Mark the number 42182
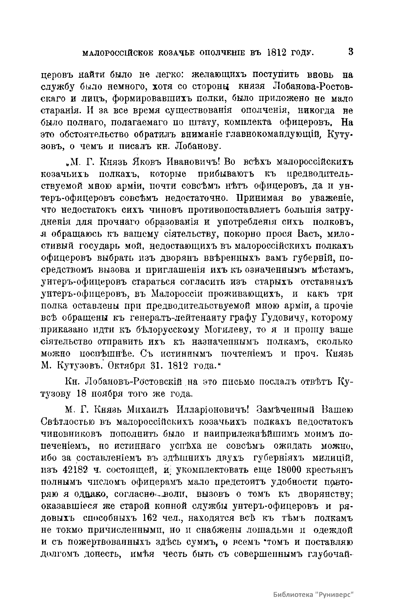tap(76, 470)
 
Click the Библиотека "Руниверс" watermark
tap(313, 585)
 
